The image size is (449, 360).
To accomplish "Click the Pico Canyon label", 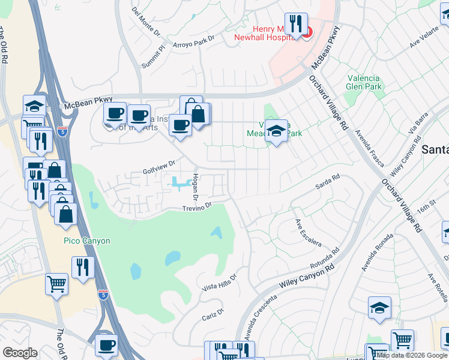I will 87,241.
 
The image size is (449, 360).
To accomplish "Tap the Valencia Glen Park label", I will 364,82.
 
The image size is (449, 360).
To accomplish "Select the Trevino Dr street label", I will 198,207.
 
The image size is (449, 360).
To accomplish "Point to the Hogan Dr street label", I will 194,187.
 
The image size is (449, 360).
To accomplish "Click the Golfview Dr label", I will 158,163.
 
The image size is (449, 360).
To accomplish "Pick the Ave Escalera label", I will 308,233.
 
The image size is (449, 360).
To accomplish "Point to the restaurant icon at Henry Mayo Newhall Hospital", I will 296,25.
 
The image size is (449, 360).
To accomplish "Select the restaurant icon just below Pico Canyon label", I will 83,267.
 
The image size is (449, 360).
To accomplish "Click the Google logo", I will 20,352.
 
